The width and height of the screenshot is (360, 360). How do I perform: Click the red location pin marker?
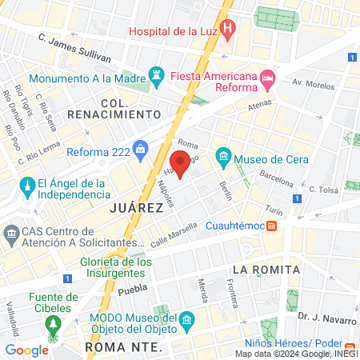tap(181, 165)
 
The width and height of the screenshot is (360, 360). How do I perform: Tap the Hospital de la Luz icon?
tap(228, 32)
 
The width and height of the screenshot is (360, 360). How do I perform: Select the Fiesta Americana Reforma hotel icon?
tap(267, 80)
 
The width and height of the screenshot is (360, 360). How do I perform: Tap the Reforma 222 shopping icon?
tap(141, 148)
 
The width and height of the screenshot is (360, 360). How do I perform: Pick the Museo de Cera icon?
tap(223, 155)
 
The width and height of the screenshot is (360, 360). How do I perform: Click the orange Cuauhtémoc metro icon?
tap(272, 226)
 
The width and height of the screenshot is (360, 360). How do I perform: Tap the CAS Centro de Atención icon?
tap(11, 234)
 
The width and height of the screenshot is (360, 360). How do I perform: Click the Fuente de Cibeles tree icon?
tap(54, 325)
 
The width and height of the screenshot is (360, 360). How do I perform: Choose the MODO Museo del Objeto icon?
tap(187, 322)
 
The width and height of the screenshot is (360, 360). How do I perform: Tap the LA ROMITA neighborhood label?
tap(266, 269)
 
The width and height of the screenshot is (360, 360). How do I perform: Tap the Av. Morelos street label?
tap(311, 82)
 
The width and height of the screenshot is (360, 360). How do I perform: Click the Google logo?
tap(26, 350)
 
